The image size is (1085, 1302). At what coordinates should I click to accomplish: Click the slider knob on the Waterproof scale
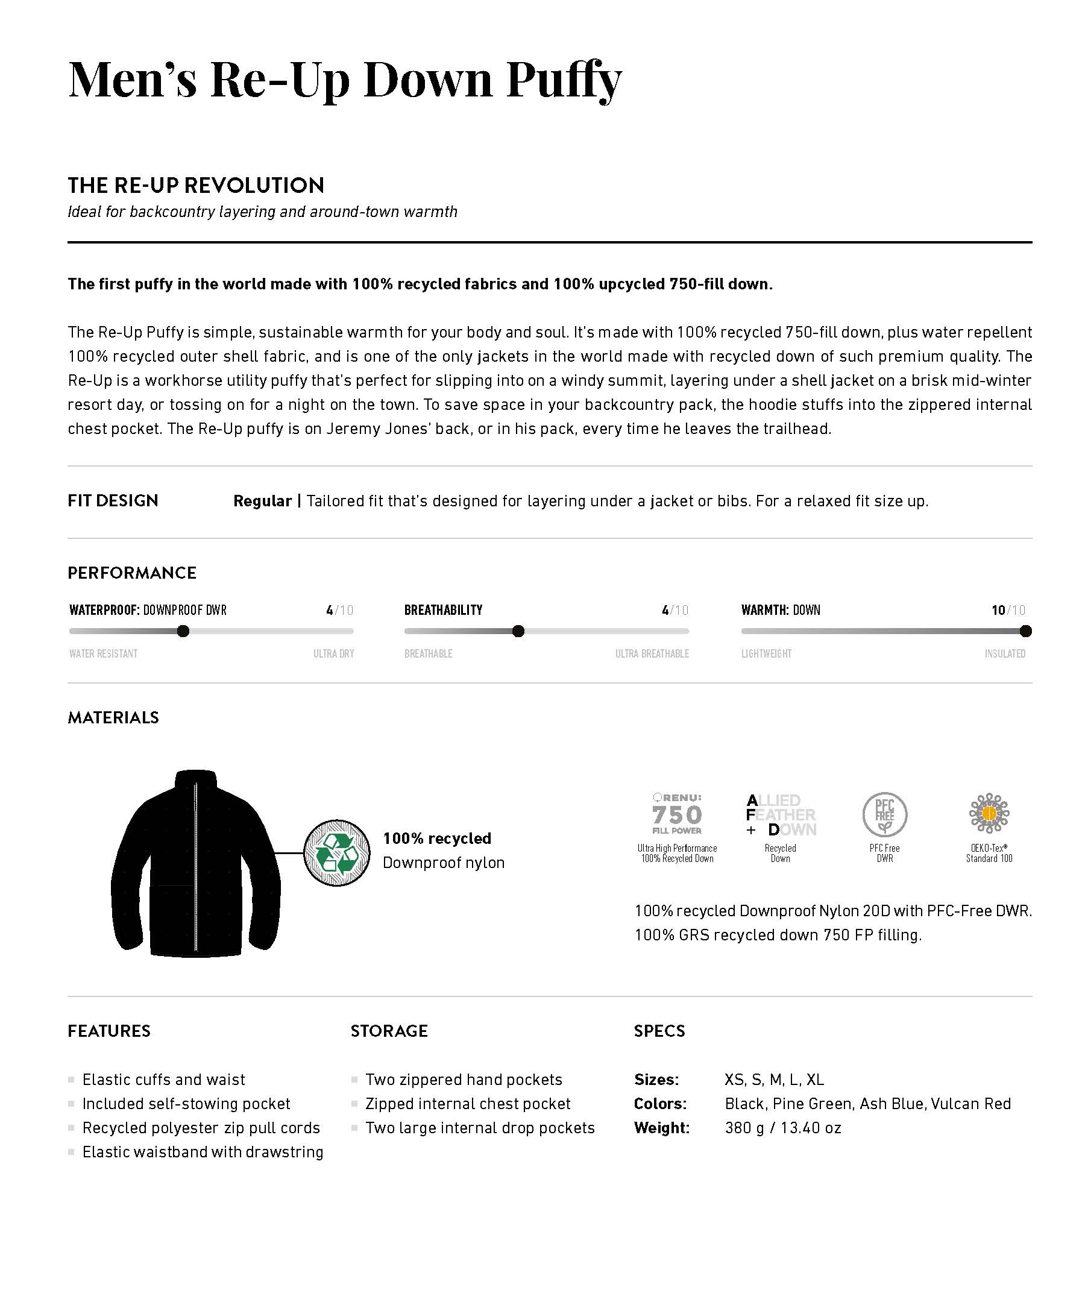tap(183, 631)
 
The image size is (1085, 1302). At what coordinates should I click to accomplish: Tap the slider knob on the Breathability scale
tap(518, 631)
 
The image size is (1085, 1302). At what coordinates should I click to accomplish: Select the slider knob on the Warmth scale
tap(1025, 631)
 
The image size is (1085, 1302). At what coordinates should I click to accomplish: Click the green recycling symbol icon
tap(337, 853)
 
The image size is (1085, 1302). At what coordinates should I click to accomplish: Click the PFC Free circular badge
tap(885, 815)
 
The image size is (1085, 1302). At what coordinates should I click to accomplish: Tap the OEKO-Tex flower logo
tap(989, 813)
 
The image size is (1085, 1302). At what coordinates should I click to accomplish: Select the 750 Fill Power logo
tap(677, 814)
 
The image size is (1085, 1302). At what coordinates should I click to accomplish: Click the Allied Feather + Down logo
tap(781, 815)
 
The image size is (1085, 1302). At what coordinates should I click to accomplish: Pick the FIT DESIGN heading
tap(113, 500)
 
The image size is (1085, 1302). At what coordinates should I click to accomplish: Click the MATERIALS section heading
tap(113, 717)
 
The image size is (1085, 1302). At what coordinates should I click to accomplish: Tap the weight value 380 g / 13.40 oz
tap(782, 1127)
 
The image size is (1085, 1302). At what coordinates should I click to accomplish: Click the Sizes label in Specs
tap(656, 1080)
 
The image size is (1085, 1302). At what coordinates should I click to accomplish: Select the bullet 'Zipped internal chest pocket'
tap(468, 1104)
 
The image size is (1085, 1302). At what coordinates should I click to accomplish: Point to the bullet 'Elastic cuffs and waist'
tap(164, 1080)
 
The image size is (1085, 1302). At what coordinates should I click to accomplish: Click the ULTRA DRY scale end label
tap(333, 653)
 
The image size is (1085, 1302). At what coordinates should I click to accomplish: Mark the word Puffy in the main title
tap(564, 81)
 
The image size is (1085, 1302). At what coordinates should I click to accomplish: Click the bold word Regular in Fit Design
tap(262, 501)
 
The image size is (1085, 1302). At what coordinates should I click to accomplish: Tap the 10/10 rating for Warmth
tap(1008, 610)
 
